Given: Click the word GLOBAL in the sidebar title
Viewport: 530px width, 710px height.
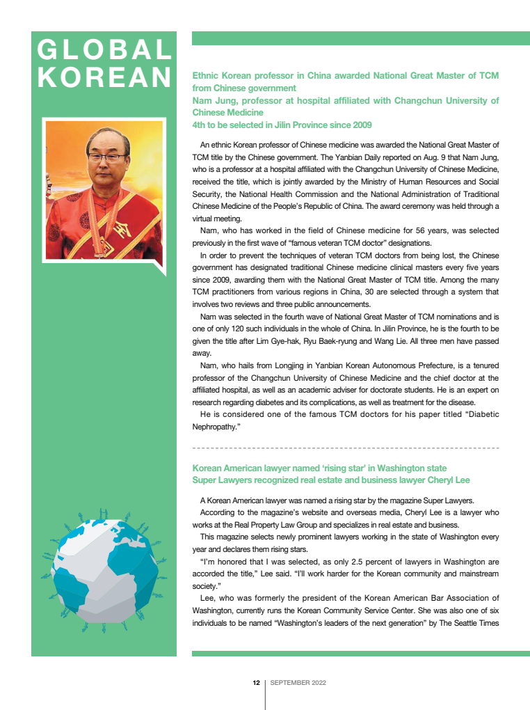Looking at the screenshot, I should pyautogui.click(x=104, y=50).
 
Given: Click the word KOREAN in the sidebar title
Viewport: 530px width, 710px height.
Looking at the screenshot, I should pyautogui.click(x=104, y=77).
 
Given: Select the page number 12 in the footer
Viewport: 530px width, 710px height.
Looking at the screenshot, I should pyautogui.click(x=256, y=683).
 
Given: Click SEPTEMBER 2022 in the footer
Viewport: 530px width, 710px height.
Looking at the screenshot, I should pyautogui.click(x=298, y=683).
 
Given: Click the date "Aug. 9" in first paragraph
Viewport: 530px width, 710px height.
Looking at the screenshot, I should pyautogui.click(x=401, y=157).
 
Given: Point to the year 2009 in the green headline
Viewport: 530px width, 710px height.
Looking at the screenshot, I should pyautogui.click(x=360, y=125).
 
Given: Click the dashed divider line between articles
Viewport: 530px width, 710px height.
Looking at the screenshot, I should pyautogui.click(x=345, y=448).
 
